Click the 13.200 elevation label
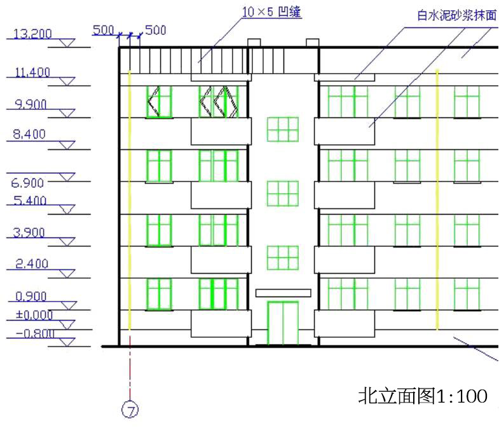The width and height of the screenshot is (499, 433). pos(32,34)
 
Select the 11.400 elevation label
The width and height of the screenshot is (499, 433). pos(32,72)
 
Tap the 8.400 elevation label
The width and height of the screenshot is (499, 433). pos(29,134)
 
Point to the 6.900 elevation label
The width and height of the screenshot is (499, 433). pos(27,183)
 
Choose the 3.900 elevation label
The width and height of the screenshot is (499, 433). pos(29,232)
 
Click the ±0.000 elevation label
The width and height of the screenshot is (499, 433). pos(34,315)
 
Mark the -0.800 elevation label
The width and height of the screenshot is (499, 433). pos(36,333)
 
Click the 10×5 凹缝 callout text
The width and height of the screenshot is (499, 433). pos(271,12)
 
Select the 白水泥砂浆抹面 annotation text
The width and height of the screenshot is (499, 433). pos(456,15)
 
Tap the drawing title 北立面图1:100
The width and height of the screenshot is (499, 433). pos(423,396)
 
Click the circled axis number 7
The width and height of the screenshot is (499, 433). pos(130,410)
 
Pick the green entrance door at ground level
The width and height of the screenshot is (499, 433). pos(283,323)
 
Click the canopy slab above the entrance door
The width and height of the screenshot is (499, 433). pos(284,293)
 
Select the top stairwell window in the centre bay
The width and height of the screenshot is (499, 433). pos(283,130)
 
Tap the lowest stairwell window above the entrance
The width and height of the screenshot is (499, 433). pos(283,258)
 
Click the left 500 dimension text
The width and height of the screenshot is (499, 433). pos(103,30)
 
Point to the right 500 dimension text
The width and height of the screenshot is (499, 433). pos(156,30)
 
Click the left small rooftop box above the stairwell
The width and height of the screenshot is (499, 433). pos(254,43)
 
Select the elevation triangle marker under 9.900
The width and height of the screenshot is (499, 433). pos(67,113)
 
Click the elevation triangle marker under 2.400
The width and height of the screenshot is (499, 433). pos(67,274)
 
